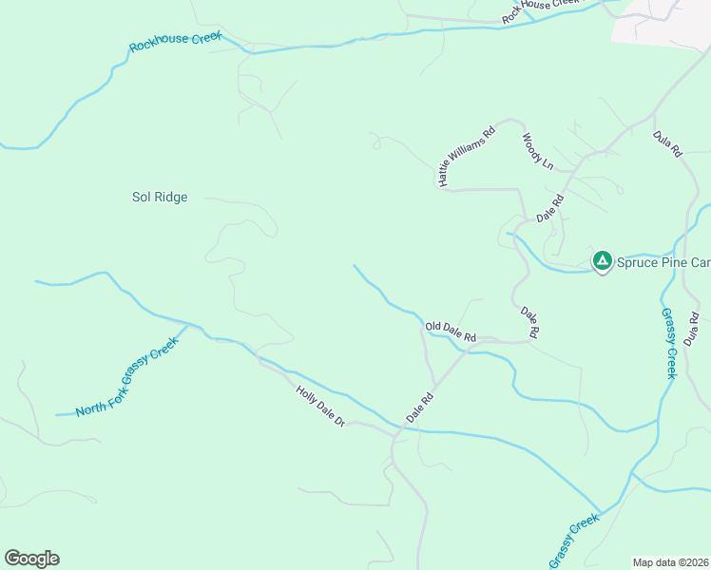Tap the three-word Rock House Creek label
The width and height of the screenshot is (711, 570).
[540, 10]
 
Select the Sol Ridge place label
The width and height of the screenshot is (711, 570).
[159, 198]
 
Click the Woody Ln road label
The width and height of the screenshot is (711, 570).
[537, 151]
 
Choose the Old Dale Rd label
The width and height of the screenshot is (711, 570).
[450, 331]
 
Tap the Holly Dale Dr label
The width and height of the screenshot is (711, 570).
[319, 406]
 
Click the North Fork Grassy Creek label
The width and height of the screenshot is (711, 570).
[126, 376]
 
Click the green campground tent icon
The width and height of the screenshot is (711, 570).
[602, 260]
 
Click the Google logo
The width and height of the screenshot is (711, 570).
[31, 559]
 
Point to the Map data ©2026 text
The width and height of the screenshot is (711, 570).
[671, 562]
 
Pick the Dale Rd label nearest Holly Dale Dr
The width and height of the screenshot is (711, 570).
[419, 408]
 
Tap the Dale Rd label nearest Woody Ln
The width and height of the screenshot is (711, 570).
[550, 208]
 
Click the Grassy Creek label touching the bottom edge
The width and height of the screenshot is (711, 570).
[573, 541]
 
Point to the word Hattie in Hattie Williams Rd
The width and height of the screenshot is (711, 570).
[448, 170]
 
